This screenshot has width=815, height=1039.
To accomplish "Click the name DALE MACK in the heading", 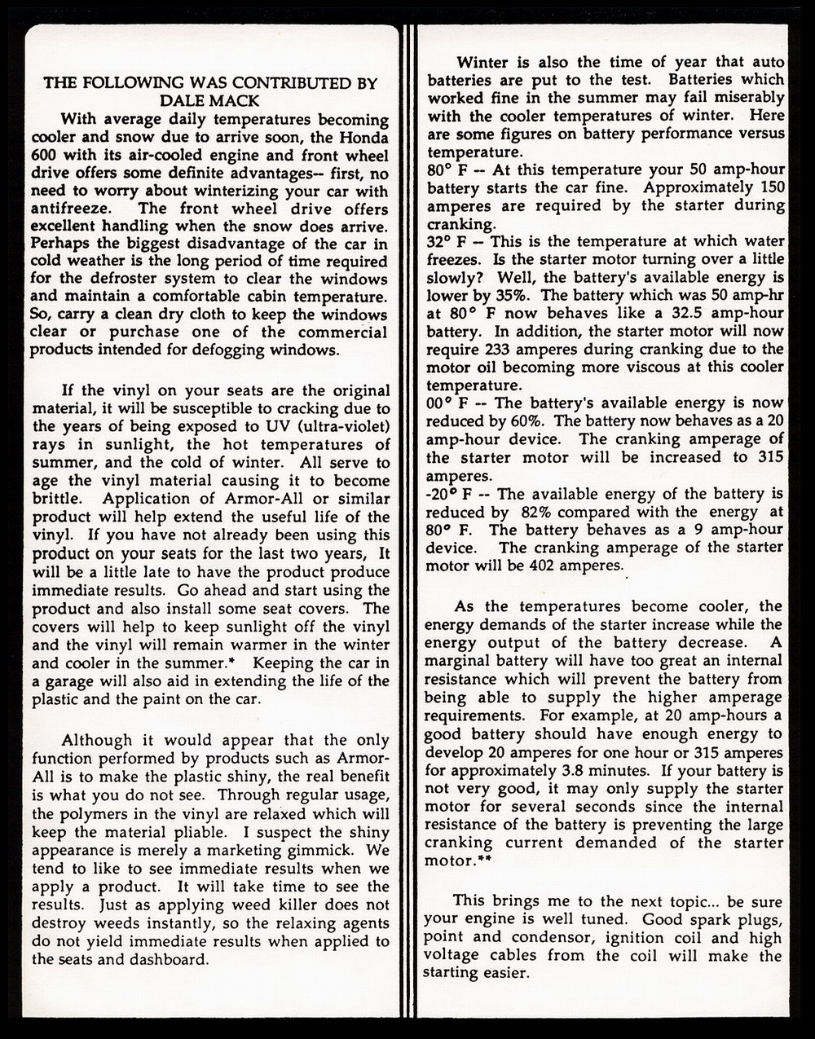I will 210,100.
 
